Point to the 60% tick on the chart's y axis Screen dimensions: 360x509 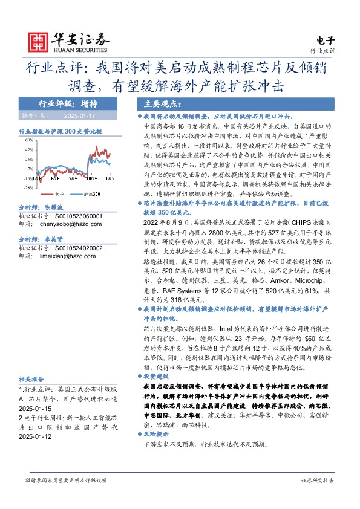click(28, 139)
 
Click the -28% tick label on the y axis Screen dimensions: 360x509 click(28, 187)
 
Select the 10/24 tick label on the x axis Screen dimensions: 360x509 click(92, 179)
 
